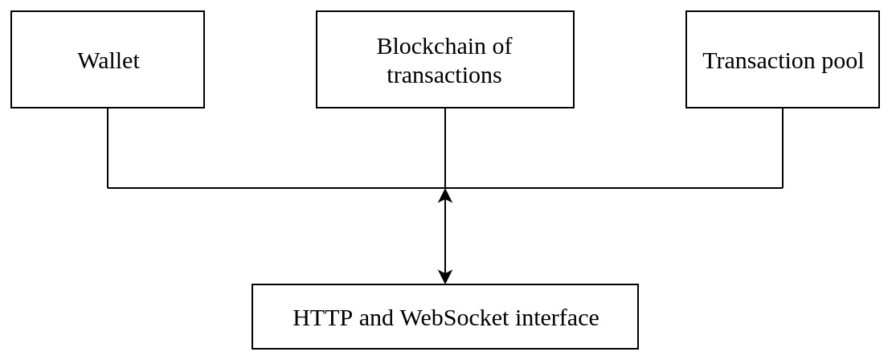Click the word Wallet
(108, 60)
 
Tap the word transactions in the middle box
(444, 75)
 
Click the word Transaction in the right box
(753, 60)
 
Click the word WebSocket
(454, 317)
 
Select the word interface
(557, 317)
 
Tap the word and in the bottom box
(375, 317)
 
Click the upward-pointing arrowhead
(445, 196)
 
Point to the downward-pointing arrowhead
(445, 276)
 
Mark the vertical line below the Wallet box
(108, 147)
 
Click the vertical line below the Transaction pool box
(783, 147)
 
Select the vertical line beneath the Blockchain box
(445, 147)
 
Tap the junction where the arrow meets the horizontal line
(445, 187)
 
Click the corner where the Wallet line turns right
(108, 187)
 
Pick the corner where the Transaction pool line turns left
(783, 187)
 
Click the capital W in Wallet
(87, 61)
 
